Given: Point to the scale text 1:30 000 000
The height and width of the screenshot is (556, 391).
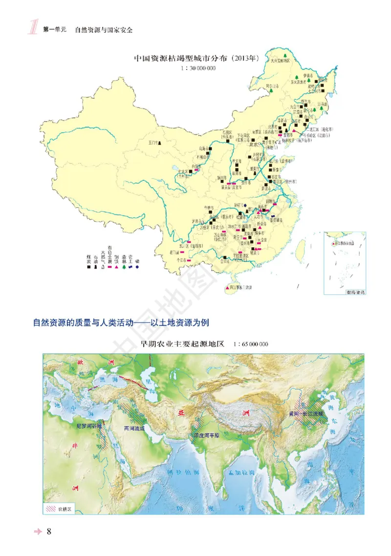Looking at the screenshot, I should [198, 68].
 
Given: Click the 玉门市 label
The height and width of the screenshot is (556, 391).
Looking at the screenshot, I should [153, 143].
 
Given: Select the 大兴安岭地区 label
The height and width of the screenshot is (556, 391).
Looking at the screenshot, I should [281, 61].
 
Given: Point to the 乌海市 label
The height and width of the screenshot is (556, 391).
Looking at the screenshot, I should [203, 149].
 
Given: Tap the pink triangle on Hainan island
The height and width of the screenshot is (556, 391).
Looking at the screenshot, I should [227, 289].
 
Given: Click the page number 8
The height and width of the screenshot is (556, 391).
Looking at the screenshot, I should [49, 532].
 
